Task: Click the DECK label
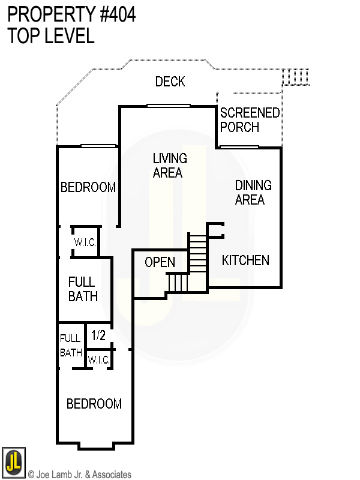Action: tap(170, 82)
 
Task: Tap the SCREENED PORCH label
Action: tap(250, 120)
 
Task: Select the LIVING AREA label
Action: tap(169, 166)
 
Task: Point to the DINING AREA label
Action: tap(253, 193)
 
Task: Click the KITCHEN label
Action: tap(245, 260)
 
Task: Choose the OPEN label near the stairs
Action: tap(160, 262)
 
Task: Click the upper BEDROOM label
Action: tap(88, 187)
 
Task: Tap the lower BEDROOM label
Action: tap(94, 404)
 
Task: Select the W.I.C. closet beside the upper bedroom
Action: tap(85, 242)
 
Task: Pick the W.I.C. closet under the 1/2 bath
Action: tap(98, 360)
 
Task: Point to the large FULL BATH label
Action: tap(83, 289)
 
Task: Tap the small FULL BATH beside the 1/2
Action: tap(70, 346)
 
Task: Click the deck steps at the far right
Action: tap(295, 77)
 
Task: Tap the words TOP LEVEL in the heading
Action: tap(51, 36)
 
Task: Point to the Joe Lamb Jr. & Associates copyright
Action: tap(79, 475)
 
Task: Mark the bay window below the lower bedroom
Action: tap(95, 446)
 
